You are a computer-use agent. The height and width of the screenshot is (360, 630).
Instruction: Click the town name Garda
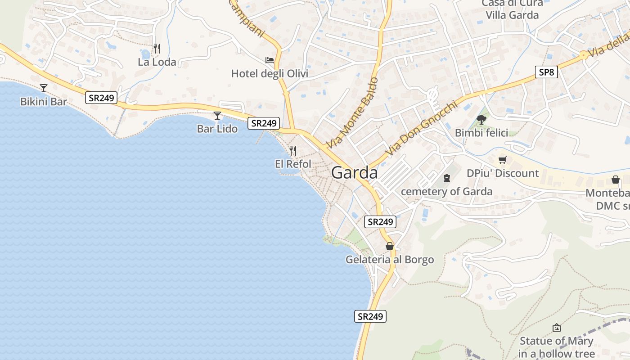(x=354, y=173)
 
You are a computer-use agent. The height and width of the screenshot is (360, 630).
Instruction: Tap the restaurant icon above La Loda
(x=157, y=49)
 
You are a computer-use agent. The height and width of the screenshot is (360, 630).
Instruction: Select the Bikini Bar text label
(x=44, y=102)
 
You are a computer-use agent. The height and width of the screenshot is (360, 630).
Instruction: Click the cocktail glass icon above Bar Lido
(x=217, y=116)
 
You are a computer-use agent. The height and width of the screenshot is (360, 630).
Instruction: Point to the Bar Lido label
(x=217, y=129)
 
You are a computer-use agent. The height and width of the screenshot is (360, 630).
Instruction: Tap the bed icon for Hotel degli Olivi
(x=270, y=60)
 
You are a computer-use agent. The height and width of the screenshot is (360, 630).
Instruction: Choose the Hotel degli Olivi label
(x=270, y=73)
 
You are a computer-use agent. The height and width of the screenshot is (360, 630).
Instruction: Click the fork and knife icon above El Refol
(x=293, y=150)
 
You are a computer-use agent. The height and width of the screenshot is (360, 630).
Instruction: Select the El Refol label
(x=293, y=164)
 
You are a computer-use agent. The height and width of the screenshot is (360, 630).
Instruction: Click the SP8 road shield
(x=546, y=72)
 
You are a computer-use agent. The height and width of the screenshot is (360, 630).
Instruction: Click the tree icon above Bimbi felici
(x=481, y=119)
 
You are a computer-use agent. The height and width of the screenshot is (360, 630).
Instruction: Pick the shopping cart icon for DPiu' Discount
(x=503, y=160)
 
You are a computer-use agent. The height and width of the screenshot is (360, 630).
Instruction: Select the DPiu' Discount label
(x=503, y=173)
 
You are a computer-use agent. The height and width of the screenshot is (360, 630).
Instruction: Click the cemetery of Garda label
(x=446, y=192)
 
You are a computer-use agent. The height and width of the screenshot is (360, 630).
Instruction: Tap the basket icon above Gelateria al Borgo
(x=390, y=246)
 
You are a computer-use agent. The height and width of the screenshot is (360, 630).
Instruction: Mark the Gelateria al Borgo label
(x=390, y=260)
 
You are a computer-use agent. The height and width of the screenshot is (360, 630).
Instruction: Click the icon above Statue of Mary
(x=557, y=328)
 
